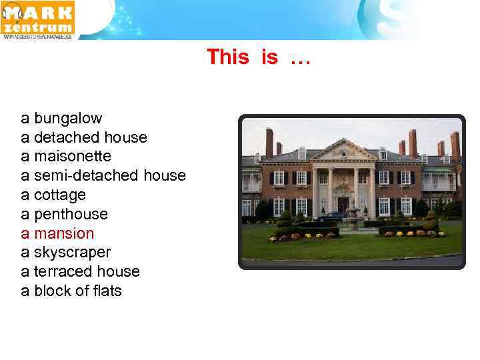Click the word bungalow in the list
(x=68, y=119)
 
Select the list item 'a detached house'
(x=84, y=138)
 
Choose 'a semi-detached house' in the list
(x=103, y=176)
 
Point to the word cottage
(x=60, y=195)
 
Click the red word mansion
(x=64, y=233)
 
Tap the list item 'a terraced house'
(x=81, y=272)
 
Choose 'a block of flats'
(x=71, y=291)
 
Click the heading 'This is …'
(x=259, y=57)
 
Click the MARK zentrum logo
(x=38, y=20)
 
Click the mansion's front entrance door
(x=343, y=204)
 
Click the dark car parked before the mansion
(x=331, y=217)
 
